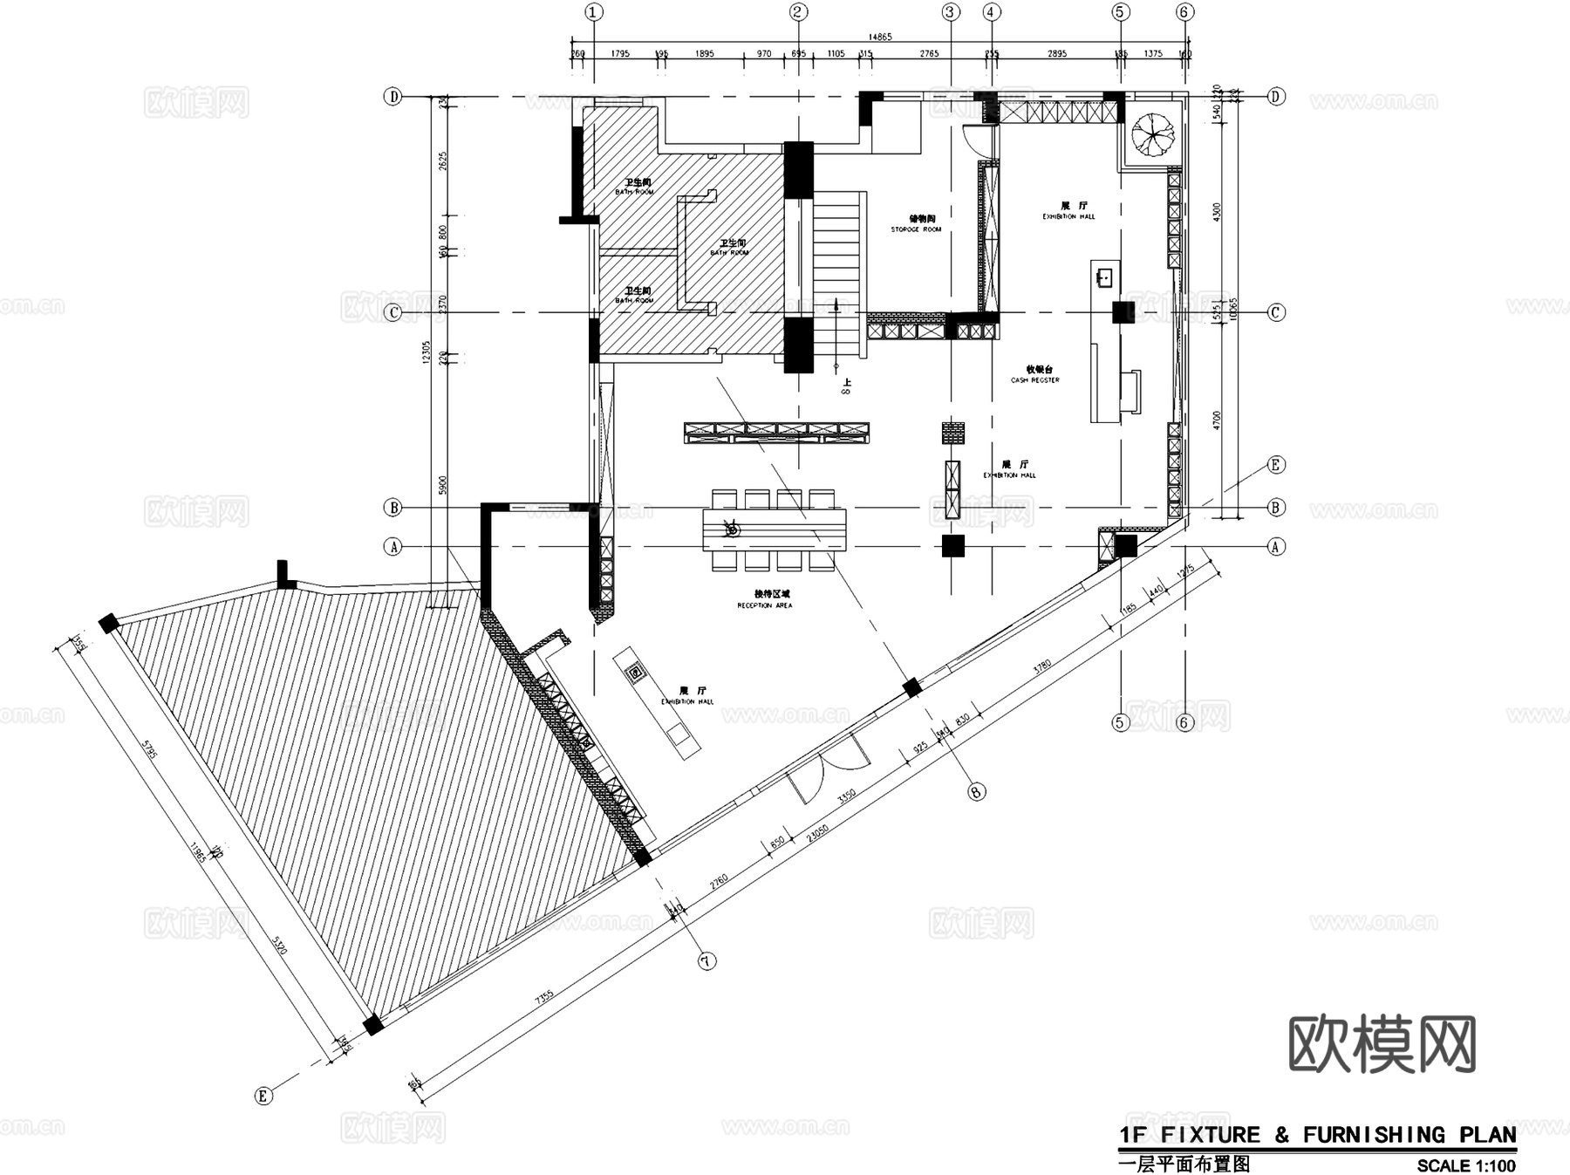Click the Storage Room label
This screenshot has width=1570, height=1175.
[916, 224]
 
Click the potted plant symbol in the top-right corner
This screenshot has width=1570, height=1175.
[1153, 134]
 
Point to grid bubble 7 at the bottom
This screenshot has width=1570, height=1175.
[706, 960]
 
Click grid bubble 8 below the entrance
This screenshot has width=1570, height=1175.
[977, 791]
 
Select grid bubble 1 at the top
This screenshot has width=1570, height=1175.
[594, 12]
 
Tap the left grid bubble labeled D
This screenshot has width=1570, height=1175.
[393, 97]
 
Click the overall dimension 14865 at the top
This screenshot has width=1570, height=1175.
[880, 37]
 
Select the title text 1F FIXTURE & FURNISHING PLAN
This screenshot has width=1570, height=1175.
[1317, 1135]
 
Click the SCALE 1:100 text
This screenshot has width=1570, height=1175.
[1465, 1165]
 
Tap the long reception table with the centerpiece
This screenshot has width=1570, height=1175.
[774, 529]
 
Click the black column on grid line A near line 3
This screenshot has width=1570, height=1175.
[953, 546]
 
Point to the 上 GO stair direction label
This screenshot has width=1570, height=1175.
[846, 386]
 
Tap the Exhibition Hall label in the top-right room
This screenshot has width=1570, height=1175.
[1068, 210]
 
